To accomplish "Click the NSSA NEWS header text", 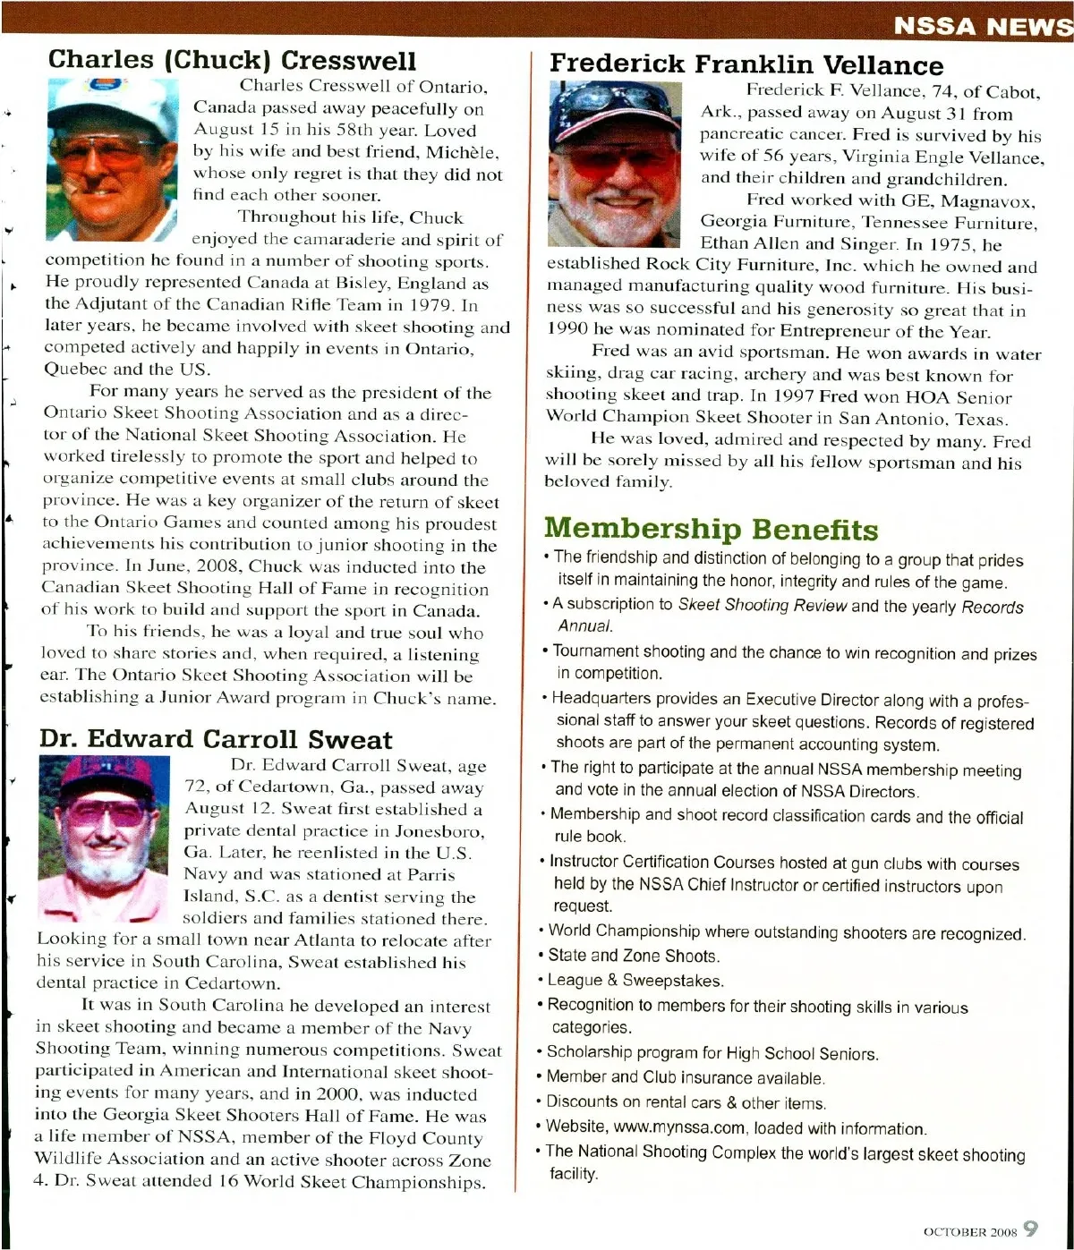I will tap(982, 25).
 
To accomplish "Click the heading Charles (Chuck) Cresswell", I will tap(232, 60).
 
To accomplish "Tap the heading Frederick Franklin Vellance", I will tap(746, 64).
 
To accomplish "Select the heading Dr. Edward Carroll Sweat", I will tap(216, 739).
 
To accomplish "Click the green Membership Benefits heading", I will tap(711, 529).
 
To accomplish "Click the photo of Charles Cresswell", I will tap(112, 159).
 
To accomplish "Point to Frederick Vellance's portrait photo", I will tap(614, 164).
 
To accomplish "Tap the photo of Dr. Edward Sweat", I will tap(104, 838).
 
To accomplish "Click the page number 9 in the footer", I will tap(1030, 1229).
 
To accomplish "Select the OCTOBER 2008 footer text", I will tap(969, 1232).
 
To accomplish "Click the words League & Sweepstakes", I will tap(635, 980).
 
